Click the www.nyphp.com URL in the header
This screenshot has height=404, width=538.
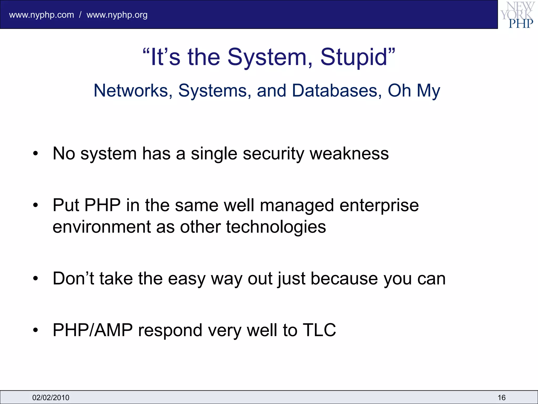point(42,15)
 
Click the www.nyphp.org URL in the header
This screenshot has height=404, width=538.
point(117,15)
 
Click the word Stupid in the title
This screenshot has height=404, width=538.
point(354,57)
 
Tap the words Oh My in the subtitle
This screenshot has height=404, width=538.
point(414,91)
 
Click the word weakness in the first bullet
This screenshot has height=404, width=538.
point(349,154)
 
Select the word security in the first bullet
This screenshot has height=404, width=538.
point(273,154)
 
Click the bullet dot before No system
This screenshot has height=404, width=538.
point(36,154)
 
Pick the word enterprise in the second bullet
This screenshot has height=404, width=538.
point(379,205)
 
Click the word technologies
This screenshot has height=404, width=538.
point(276,227)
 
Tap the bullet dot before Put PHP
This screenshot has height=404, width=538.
point(36,205)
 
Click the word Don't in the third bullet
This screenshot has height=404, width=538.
point(73,279)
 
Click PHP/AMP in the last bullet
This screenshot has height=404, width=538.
point(92,330)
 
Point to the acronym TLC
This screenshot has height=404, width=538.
point(319,330)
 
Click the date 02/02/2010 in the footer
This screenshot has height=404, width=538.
point(51,397)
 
